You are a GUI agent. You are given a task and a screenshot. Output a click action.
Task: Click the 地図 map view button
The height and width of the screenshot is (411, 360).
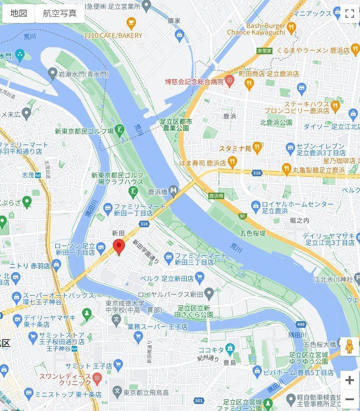(x=19, y=13)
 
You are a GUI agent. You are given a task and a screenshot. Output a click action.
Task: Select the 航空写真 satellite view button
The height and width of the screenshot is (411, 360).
(x=59, y=13)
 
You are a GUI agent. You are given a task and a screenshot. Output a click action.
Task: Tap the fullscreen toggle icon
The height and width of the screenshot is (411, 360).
(x=349, y=14)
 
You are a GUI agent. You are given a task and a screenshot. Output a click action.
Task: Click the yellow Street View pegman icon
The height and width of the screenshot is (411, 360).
(x=349, y=346)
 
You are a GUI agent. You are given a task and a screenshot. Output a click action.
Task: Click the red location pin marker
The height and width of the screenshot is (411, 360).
(x=119, y=246)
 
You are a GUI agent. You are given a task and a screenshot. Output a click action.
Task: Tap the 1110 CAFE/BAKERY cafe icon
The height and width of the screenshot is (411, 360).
(x=131, y=22)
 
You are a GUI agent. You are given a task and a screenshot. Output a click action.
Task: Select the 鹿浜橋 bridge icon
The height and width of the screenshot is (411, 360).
(x=174, y=190)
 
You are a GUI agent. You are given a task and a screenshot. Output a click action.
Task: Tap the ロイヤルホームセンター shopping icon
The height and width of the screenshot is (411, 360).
(x=256, y=205)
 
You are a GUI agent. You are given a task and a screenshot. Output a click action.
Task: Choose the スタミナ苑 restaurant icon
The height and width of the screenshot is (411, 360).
(x=257, y=148)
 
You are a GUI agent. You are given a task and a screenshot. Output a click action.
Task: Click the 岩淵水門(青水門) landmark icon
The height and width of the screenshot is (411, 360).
(x=52, y=73)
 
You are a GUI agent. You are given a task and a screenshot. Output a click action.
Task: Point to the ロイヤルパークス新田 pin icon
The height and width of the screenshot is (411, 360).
(x=209, y=294)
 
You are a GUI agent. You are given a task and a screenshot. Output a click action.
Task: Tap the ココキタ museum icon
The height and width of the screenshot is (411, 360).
(x=229, y=348)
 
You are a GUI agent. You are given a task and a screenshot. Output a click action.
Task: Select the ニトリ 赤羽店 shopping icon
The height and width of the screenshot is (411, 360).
(x=57, y=266)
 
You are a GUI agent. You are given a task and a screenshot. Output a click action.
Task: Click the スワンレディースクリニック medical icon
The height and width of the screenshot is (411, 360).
(x=97, y=377)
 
